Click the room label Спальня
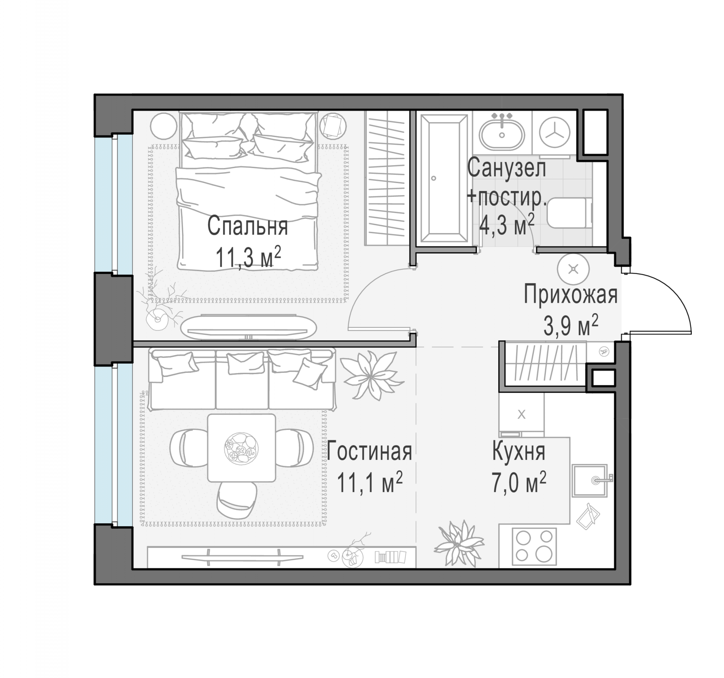point(248,226)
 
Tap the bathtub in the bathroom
point(444,178)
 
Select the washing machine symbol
point(554,133)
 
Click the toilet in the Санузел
point(569,212)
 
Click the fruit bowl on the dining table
point(241,448)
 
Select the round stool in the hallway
point(573,269)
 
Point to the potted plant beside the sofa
point(371,375)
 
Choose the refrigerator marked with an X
point(521,415)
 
